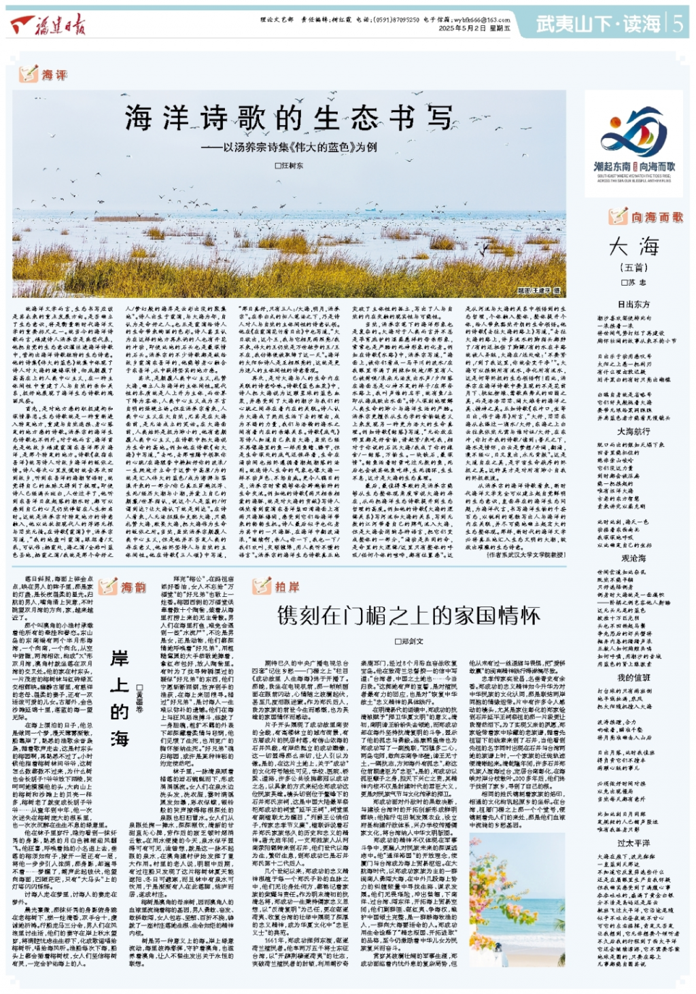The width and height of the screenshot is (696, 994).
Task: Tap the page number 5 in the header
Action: pyautogui.click(x=678, y=24)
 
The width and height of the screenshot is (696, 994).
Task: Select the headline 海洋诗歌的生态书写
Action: pyautogui.click(x=288, y=118)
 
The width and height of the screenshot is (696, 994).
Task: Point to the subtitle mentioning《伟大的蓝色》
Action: pyautogui.click(x=289, y=147)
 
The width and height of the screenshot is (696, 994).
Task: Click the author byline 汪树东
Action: pyautogui.click(x=289, y=166)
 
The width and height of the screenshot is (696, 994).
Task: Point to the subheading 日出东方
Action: pyautogui.click(x=633, y=304)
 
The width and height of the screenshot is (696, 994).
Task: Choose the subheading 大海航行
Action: pyautogui.click(x=633, y=431)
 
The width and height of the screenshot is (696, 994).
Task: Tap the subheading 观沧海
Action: pyautogui.click(x=633, y=558)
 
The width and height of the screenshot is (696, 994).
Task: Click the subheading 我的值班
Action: pyautogui.click(x=633, y=677)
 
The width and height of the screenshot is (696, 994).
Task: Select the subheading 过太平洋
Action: pyautogui.click(x=633, y=843)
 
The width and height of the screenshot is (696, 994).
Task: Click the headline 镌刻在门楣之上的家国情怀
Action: pyautogui.click(x=408, y=616)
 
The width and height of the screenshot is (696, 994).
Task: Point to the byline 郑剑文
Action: pyautogui.click(x=408, y=641)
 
